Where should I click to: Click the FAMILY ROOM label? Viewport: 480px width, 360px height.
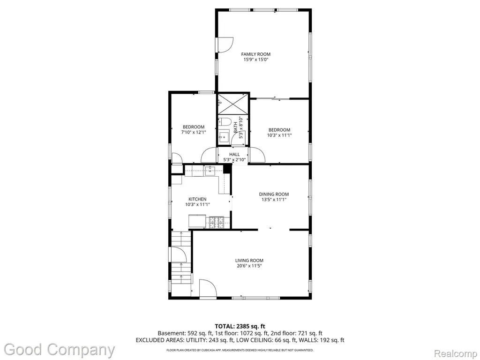pos(255,54)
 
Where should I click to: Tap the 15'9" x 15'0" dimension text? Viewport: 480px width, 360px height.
pos(255,60)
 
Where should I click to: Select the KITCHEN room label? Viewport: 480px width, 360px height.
pos(197,199)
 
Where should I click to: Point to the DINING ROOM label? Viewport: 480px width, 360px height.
pos(274,194)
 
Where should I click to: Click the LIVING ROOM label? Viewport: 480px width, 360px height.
pos(249,261)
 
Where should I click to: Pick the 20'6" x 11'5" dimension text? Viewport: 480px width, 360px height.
pos(249,266)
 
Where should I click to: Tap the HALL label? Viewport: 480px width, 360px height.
pos(234,154)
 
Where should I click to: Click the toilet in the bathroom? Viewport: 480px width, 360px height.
pos(224,122)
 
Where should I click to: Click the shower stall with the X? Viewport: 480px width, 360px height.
pos(232,104)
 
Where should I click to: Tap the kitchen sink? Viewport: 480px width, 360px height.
pos(210,171)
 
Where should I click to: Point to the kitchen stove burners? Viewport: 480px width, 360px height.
pos(217,223)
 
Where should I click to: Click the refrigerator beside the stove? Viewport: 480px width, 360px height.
pos(197,221)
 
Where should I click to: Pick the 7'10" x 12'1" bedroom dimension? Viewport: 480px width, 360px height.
pos(194,133)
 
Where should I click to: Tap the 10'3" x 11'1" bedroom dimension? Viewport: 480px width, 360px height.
pos(279,135)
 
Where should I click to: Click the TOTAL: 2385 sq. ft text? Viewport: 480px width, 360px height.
pos(240,326)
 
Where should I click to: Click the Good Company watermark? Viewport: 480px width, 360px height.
pos(60,350)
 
